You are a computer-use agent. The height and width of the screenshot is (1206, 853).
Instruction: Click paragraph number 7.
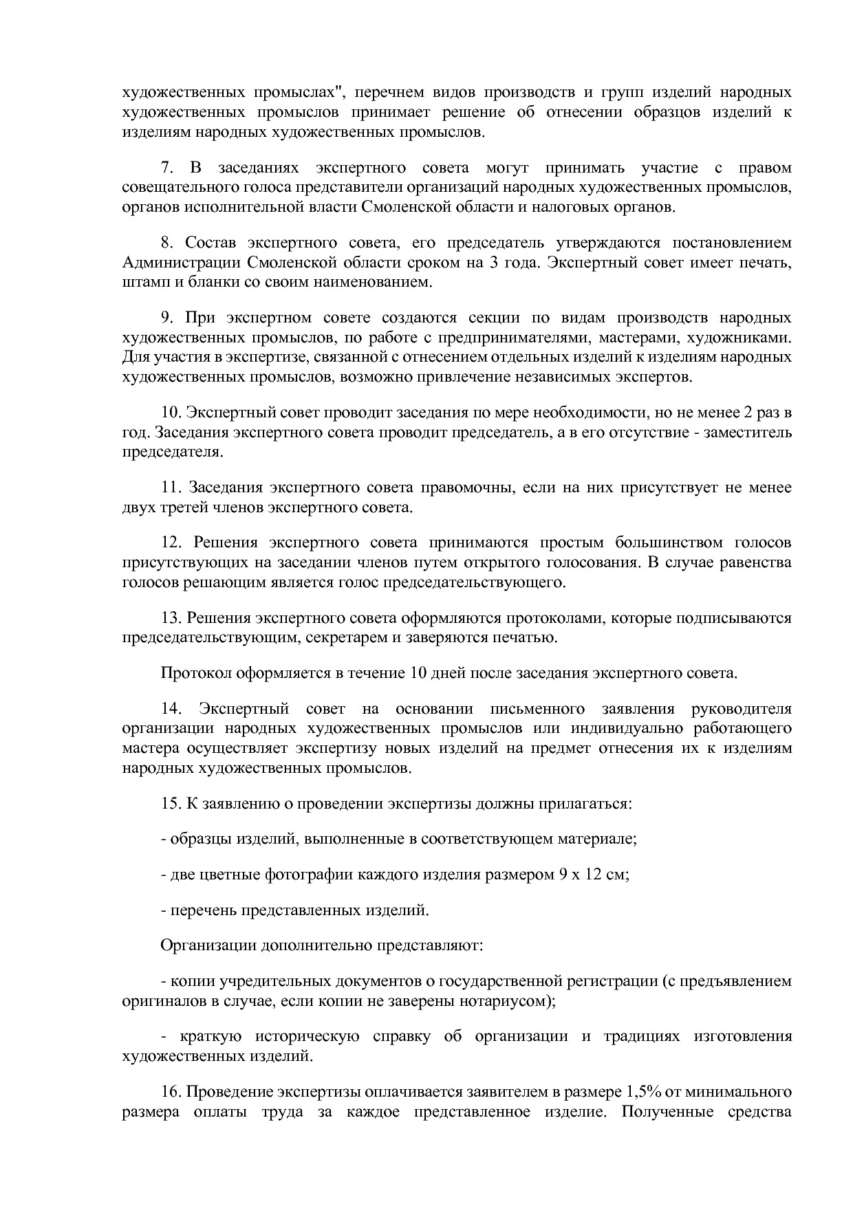click(166, 168)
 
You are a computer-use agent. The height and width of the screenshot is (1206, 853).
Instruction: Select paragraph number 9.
click(166, 318)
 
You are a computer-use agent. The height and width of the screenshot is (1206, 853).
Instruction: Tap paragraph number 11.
click(170, 488)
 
